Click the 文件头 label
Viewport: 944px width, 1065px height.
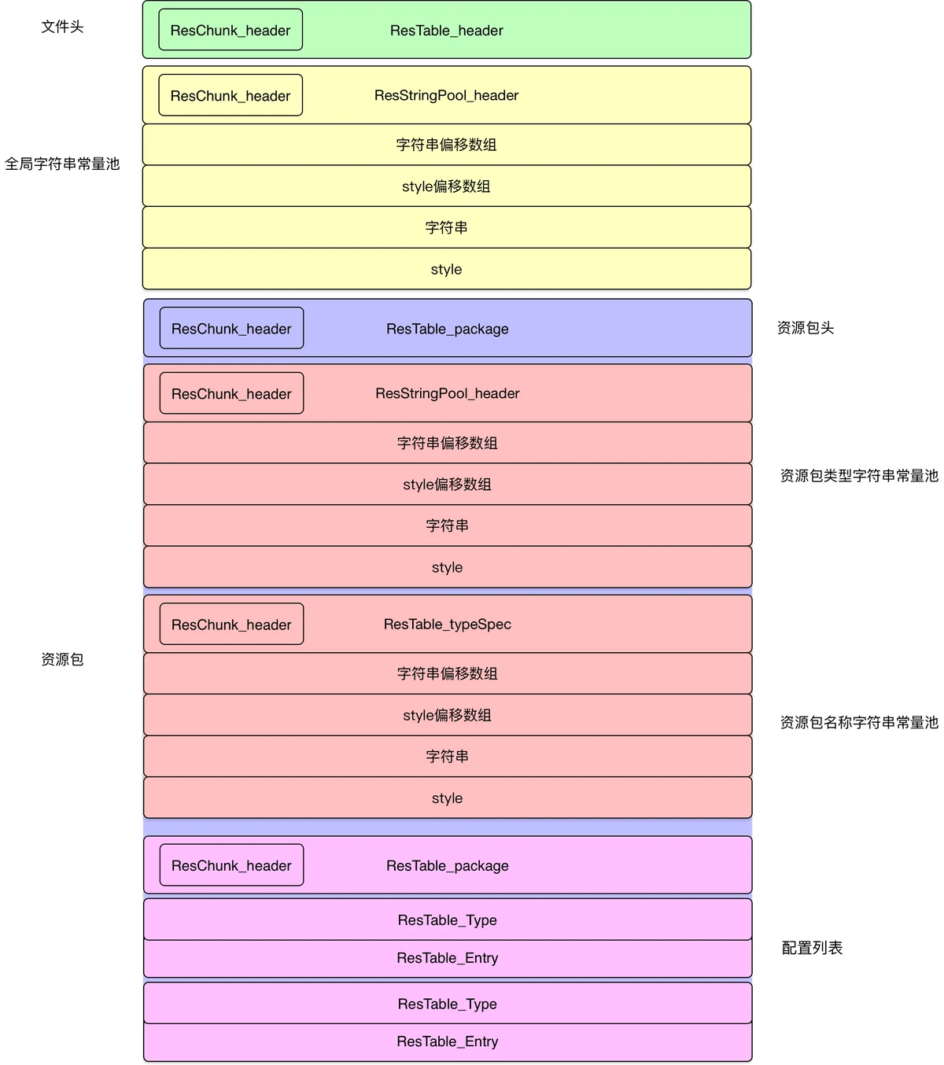(62, 27)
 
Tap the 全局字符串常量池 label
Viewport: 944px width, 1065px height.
(62, 164)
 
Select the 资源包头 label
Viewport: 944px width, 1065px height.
(805, 328)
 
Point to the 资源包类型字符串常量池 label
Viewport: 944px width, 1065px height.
(858, 476)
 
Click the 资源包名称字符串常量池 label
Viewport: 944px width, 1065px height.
(858, 722)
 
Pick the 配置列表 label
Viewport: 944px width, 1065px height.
(812, 948)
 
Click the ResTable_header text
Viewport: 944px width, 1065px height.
(446, 31)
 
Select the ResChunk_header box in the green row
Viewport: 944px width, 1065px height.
(230, 30)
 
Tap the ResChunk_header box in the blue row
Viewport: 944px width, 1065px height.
(231, 328)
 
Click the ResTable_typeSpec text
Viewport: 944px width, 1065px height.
(447, 624)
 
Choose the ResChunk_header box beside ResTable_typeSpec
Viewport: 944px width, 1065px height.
(231, 624)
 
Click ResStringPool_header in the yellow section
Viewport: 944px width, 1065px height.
(446, 95)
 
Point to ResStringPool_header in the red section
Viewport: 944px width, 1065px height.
(447, 393)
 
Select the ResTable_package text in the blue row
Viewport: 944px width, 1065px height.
(447, 329)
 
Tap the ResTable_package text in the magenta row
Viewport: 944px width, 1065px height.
(447, 865)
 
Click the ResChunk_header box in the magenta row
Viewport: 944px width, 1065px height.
(231, 865)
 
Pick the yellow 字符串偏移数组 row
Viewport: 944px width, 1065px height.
(446, 145)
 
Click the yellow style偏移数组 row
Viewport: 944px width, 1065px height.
(446, 186)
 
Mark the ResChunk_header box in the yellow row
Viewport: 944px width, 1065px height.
(230, 95)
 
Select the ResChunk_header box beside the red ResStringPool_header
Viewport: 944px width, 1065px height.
(231, 393)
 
